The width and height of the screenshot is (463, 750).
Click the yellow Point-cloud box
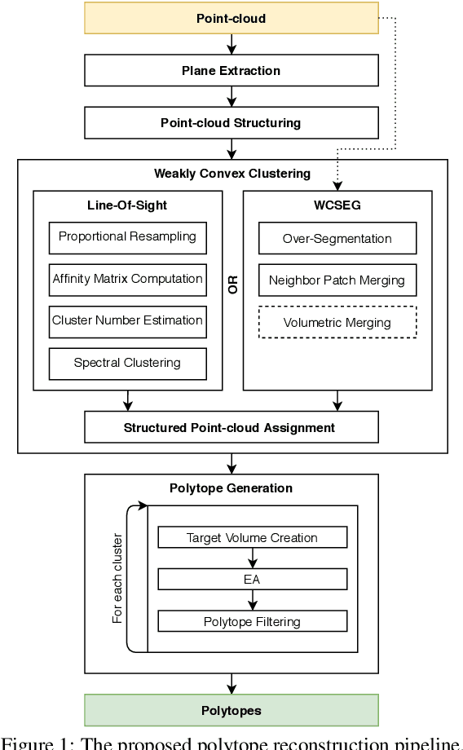pos(231,18)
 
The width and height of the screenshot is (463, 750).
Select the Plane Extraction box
pos(231,71)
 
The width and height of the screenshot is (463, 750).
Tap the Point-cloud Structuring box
pos(231,123)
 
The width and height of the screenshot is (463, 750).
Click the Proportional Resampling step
pos(127,237)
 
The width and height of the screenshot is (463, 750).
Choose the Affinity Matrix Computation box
pos(127,279)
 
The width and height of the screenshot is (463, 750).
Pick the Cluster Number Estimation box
pos(127,320)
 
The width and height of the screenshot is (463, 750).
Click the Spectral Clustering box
pos(127,363)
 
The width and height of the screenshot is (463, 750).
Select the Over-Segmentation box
pos(337,239)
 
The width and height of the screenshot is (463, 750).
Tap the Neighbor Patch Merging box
pos(337,280)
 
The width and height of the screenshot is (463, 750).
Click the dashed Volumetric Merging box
pos(337,323)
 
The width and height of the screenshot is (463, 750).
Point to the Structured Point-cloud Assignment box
pos(231,427)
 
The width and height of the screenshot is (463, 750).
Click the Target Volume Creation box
pos(252,538)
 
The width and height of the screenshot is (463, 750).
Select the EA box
pos(252,580)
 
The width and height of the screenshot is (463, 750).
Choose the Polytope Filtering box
pos(252,622)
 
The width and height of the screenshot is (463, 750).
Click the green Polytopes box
pos(231,711)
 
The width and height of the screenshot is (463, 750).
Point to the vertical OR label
pos(233,285)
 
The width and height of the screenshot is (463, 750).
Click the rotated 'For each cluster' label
pos(118,579)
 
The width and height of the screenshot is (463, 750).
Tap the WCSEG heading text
pos(337,205)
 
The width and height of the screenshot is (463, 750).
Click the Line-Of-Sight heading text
pos(127,205)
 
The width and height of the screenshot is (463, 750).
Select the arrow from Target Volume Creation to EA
pos(253,558)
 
